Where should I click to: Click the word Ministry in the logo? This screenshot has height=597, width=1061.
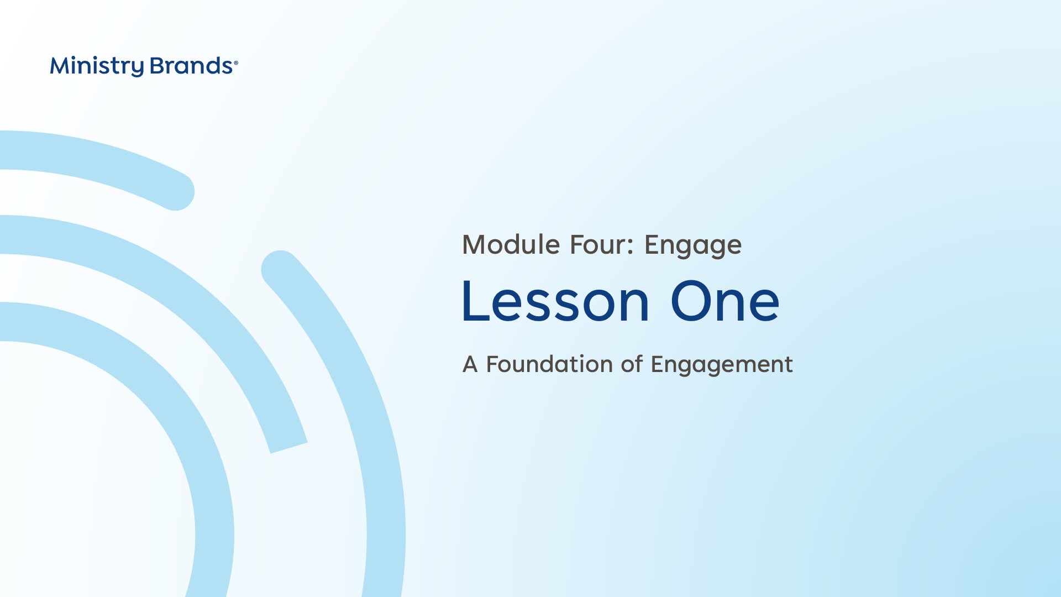pos(97,66)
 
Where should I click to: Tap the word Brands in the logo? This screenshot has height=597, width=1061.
pos(191,66)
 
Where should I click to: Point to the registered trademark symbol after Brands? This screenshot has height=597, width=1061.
pos(236,63)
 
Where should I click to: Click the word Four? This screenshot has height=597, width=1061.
pos(597,245)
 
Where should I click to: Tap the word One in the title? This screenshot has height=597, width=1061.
pos(725,301)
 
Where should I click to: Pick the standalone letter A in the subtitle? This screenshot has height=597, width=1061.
pos(470,364)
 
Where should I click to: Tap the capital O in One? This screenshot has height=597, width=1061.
pos(692,301)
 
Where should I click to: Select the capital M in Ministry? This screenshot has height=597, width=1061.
pos(60,66)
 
